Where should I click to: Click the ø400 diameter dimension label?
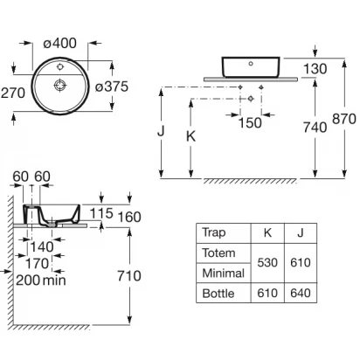[x=60, y=44]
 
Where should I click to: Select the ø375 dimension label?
[x=112, y=87]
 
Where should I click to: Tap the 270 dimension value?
[x=13, y=93]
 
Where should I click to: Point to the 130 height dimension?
[x=315, y=69]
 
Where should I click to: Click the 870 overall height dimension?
[x=344, y=119]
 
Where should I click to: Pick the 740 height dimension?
[x=315, y=128]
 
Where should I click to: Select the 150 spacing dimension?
[x=250, y=123]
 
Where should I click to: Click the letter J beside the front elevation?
[x=161, y=131]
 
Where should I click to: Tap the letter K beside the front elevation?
[x=190, y=136]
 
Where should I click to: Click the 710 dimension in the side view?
[x=129, y=275]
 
